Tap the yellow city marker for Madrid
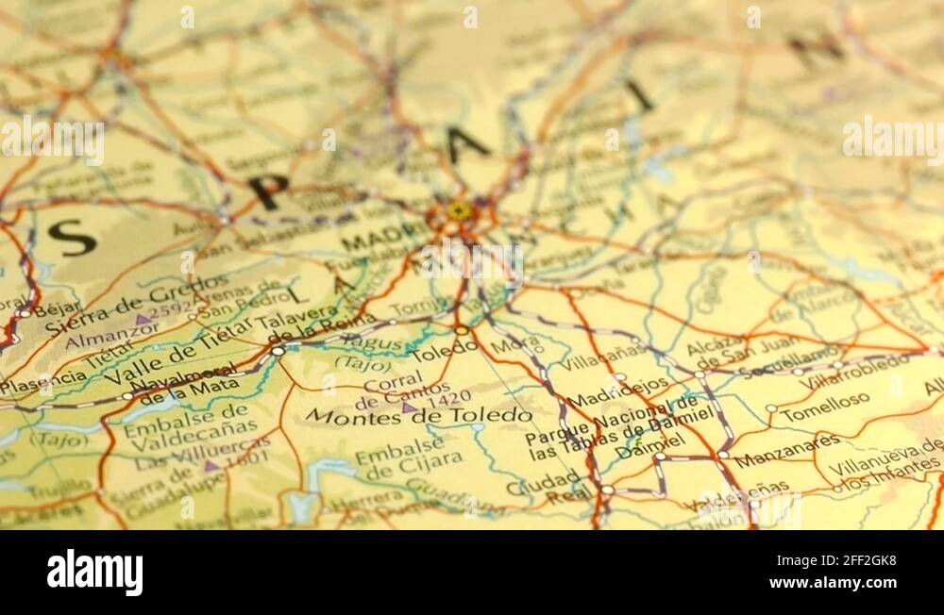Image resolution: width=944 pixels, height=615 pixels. point(459,210)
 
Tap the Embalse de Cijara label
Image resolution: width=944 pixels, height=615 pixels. point(408,452)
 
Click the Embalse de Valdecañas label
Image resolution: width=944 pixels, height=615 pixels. point(183,425)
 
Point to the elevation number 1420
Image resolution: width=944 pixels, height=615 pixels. point(442,397)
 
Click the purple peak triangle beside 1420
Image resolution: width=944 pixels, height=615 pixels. point(408,407)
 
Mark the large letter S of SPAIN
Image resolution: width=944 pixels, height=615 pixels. point(73,238)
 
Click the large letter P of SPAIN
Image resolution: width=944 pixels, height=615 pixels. point(268,191)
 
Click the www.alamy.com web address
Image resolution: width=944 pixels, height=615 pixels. point(834,583)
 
